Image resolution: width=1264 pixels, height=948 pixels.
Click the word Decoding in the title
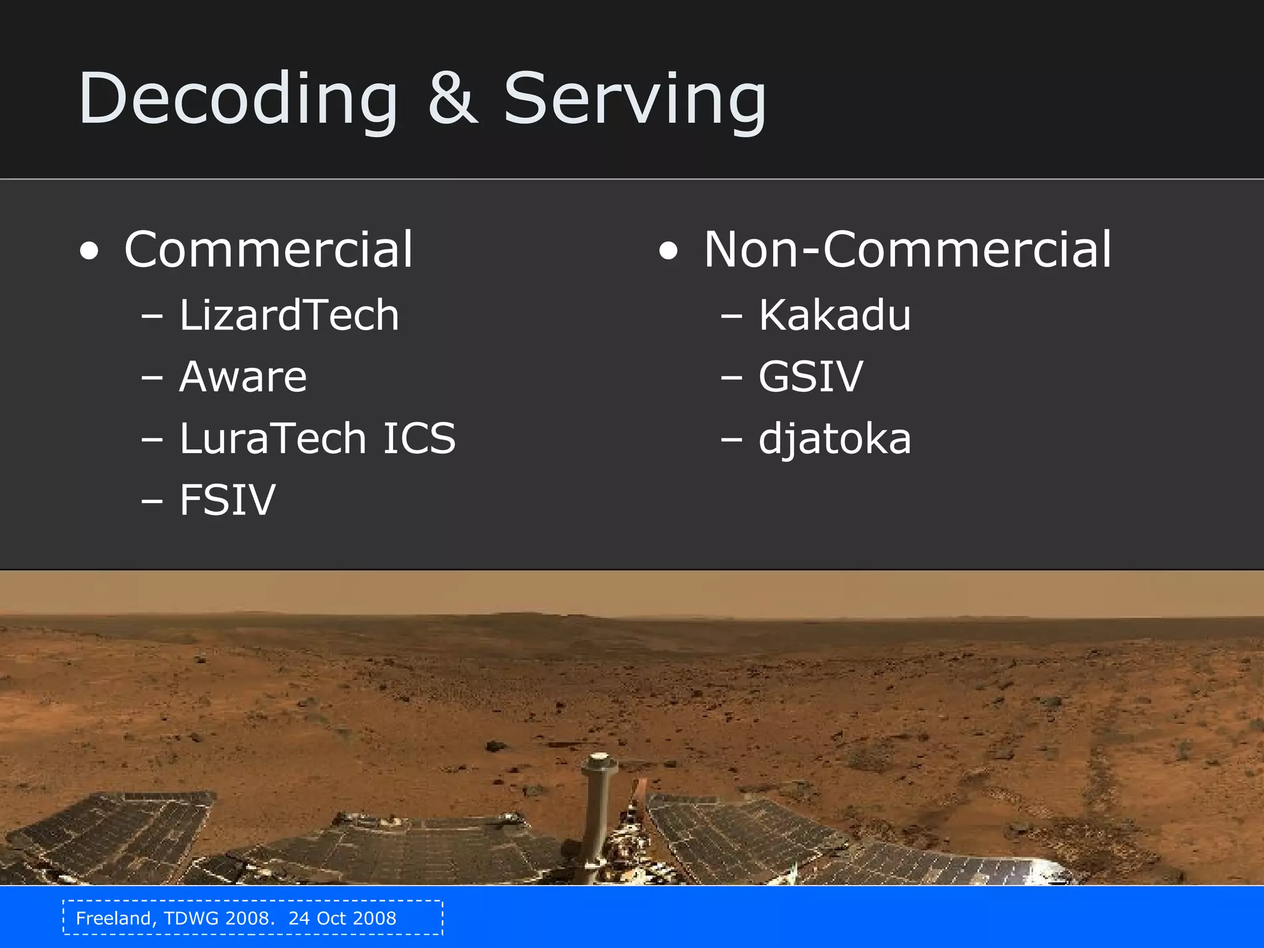pyautogui.click(x=238, y=99)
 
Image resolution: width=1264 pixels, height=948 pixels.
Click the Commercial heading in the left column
pyautogui.click(x=268, y=249)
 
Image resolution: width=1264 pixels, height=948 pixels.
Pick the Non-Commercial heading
pyautogui.click(x=907, y=249)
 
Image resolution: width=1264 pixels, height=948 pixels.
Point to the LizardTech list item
pyautogui.click(x=289, y=315)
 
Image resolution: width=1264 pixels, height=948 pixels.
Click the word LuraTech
pyautogui.click(x=273, y=439)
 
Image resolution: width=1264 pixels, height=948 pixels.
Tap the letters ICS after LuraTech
pyautogui.click(x=419, y=439)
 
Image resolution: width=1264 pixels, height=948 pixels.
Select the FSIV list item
pyautogui.click(x=227, y=500)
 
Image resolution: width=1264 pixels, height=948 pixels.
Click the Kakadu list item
pyautogui.click(x=834, y=315)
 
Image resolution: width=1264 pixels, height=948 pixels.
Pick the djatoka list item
pyautogui.click(x=834, y=440)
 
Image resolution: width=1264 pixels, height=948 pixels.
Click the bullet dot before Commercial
pyautogui.click(x=89, y=251)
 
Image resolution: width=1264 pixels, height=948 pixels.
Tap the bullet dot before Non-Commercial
pyautogui.click(x=668, y=251)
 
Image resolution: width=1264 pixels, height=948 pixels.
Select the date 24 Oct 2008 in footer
pyautogui.click(x=342, y=918)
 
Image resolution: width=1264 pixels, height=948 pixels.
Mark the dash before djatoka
pyautogui.click(x=731, y=440)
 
